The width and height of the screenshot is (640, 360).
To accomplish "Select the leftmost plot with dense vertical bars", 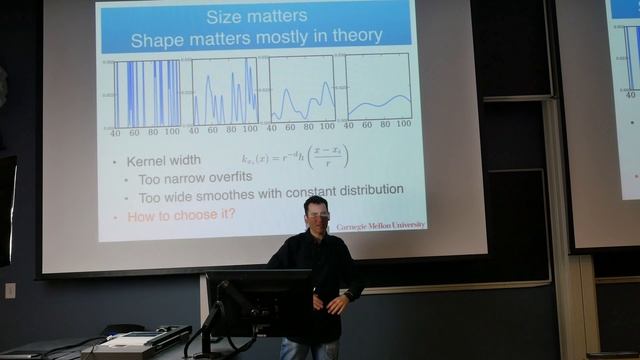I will coord(147,92).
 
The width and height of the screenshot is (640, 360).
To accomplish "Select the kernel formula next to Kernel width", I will coord(294,157).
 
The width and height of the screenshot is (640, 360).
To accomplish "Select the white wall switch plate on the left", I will coord(10,290).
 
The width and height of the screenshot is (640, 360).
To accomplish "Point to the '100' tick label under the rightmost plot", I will coord(402,125).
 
